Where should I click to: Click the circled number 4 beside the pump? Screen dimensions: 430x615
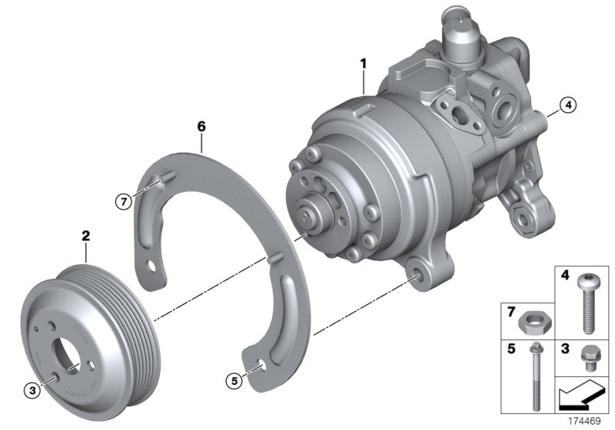pyautogui.click(x=567, y=106)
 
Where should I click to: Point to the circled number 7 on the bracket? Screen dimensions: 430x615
pyautogui.click(x=122, y=201)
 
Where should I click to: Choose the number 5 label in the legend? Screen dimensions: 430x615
pyautogui.click(x=509, y=349)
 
